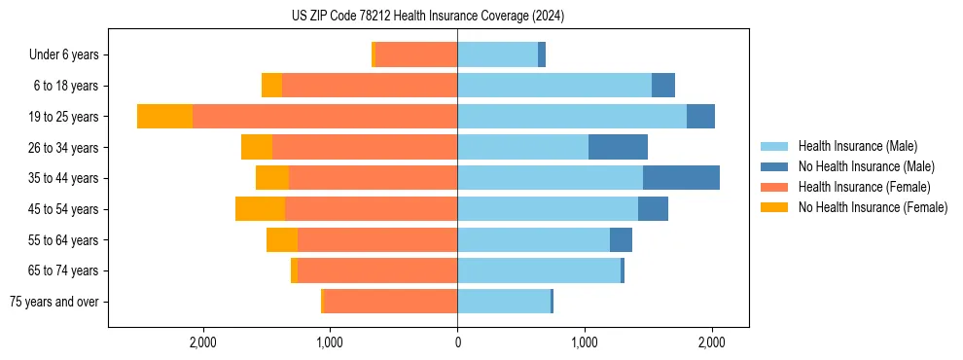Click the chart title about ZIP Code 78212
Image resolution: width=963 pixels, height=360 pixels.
428,17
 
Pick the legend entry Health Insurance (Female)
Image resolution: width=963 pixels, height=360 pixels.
857,187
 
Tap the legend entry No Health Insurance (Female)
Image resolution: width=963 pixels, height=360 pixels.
872,207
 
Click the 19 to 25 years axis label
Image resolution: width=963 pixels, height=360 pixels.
65,117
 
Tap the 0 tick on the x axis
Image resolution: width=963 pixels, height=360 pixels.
457,342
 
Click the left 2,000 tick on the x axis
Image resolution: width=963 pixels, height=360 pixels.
202,342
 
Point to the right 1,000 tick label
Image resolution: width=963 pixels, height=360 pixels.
585,342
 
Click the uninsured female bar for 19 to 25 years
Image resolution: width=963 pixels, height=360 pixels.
164,117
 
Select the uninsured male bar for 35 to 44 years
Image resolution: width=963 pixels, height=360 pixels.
681,178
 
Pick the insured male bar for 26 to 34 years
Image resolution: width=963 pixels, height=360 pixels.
522,147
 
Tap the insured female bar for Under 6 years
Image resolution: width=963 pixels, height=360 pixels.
416,55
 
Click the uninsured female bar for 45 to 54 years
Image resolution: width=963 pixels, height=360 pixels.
260,209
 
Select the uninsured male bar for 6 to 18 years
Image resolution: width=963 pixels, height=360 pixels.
663,86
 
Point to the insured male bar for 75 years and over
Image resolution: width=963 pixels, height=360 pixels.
504,302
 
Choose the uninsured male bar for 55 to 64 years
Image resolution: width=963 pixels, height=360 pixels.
621,240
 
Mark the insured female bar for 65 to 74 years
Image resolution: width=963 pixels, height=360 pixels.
377,270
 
